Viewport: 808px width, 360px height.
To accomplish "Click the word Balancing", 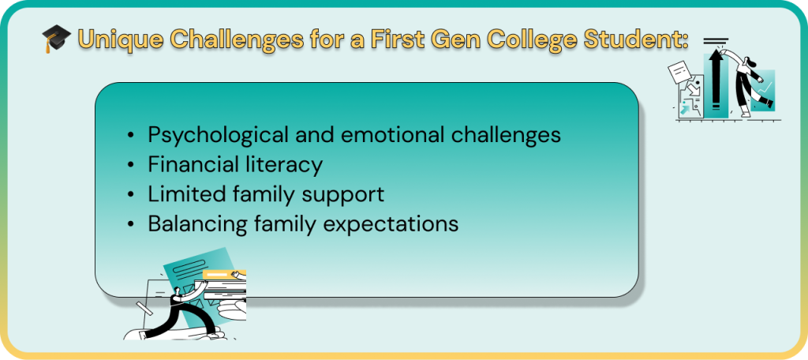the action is tap(194, 225).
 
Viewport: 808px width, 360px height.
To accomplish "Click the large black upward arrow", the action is tap(715, 78).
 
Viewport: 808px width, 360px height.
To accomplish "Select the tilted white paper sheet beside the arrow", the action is tap(680, 72).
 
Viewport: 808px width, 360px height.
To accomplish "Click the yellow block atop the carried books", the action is tap(225, 275).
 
